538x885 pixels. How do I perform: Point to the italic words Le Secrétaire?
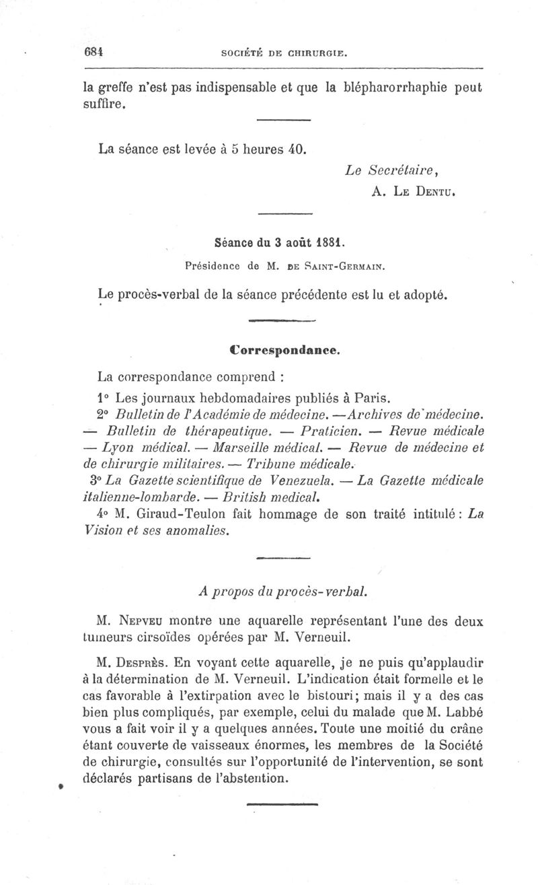[381, 171]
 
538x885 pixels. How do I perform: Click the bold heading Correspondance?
[283, 350]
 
